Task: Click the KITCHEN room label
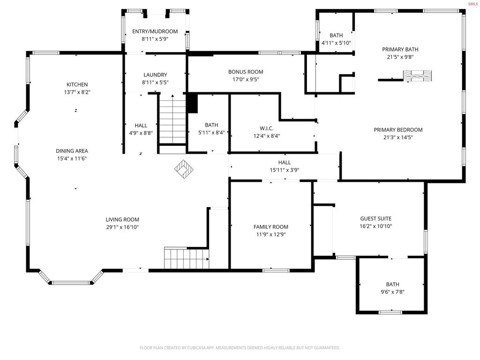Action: click(x=77, y=84)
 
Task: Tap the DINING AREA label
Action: click(x=72, y=151)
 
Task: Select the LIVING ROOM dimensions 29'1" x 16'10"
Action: click(x=122, y=227)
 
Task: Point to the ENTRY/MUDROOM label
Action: click(x=155, y=31)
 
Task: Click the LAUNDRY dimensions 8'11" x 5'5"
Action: click(x=155, y=82)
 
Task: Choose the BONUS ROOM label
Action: click(x=246, y=72)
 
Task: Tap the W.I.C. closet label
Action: click(x=267, y=128)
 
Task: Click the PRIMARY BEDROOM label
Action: click(x=398, y=130)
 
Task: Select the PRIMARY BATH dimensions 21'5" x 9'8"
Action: click(x=400, y=57)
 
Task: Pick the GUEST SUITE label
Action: click(x=375, y=218)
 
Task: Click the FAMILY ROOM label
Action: click(x=270, y=227)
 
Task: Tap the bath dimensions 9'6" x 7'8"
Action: click(x=392, y=292)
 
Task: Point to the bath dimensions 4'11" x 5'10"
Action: click(x=336, y=43)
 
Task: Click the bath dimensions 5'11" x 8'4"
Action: click(x=211, y=133)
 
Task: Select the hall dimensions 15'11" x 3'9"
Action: click(x=285, y=170)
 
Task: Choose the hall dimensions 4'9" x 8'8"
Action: click(x=141, y=133)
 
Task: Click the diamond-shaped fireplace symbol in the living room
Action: click(x=184, y=169)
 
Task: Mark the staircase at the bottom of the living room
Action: click(x=187, y=258)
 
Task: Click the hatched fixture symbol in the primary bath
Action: click(x=417, y=76)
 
